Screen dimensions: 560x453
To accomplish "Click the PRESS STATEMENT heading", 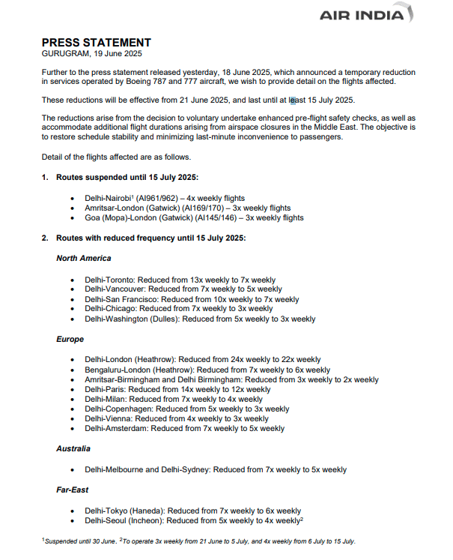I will [x=96, y=43].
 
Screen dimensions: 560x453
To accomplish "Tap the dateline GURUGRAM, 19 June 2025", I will [x=91, y=53].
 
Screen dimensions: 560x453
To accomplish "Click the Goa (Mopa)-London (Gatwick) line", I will [x=194, y=217].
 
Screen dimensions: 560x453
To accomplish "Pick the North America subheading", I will [x=84, y=258].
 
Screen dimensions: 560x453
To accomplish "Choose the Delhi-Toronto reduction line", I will [x=180, y=279].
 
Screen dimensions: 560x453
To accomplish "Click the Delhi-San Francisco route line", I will [x=192, y=298].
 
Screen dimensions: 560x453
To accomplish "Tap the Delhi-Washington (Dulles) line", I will [x=200, y=319].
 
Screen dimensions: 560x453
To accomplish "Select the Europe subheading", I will [x=70, y=339].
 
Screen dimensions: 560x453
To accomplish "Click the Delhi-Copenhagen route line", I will [x=186, y=409].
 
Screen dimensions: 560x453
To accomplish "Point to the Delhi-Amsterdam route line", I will [x=184, y=429].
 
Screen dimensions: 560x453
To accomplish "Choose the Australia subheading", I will [x=73, y=448].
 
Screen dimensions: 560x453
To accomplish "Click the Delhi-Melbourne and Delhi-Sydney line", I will [x=216, y=469].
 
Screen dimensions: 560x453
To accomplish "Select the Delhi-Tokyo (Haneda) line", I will [x=192, y=511].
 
